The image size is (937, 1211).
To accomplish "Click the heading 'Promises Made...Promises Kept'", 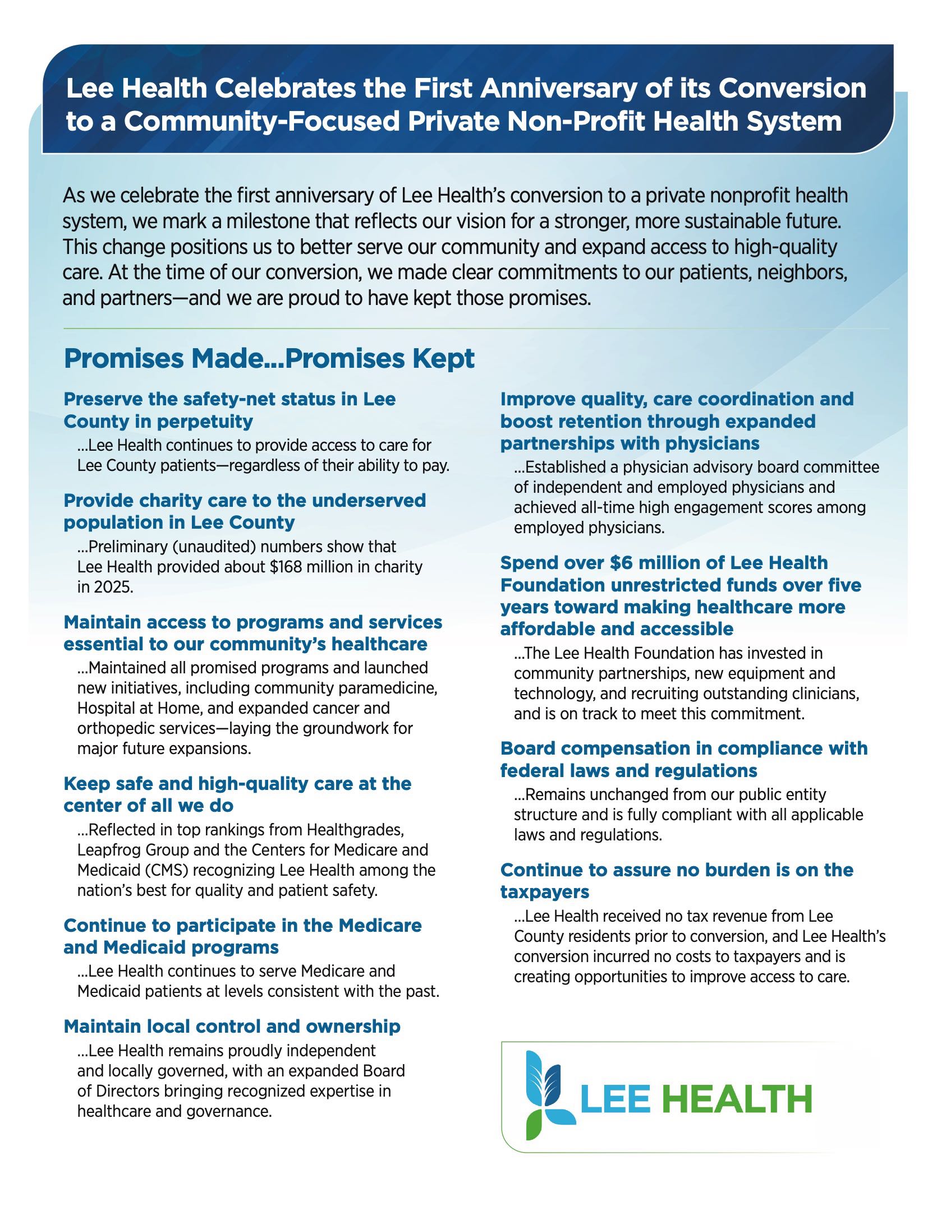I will pyautogui.click(x=269, y=359).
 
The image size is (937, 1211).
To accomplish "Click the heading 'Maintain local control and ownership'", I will pyautogui.click(x=232, y=1027).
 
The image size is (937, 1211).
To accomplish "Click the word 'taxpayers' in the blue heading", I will pyautogui.click(x=544, y=892).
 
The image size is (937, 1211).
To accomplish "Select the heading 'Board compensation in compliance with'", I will pyautogui.click(x=683, y=748).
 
